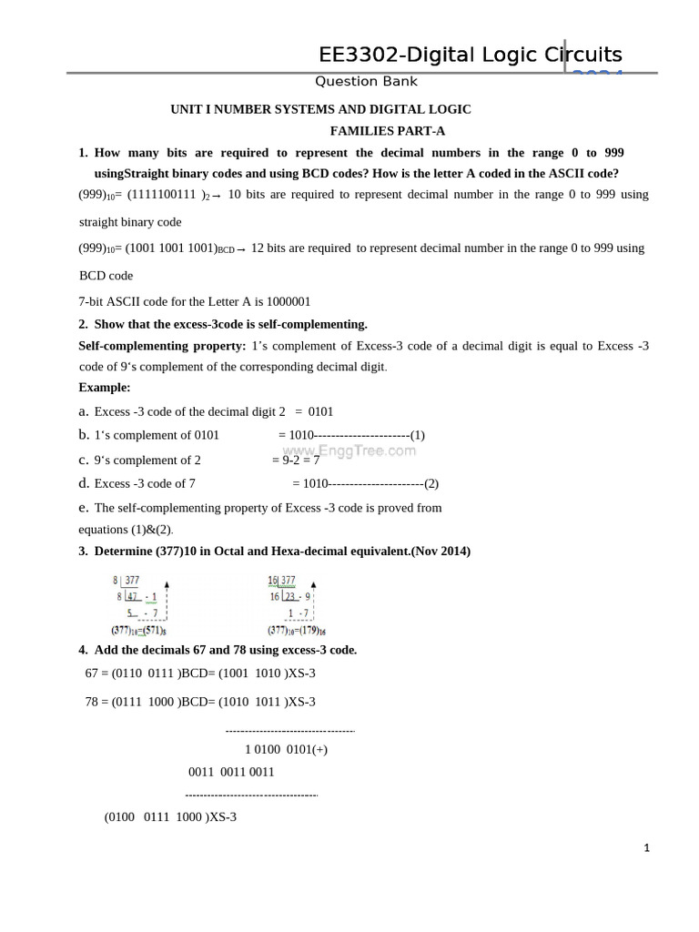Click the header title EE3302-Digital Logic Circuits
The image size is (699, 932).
pos(470,55)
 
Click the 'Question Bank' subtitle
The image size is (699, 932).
pos(366,82)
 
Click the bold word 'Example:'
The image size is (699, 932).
pos(105,388)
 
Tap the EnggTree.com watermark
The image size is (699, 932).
pos(349,450)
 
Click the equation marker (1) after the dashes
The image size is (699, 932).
pos(417,435)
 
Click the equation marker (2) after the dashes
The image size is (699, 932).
pos(431,483)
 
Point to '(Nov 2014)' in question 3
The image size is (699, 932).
pos(440,552)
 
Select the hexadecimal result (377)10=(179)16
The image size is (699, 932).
pos(297,630)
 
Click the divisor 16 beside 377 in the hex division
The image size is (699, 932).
pos(272,580)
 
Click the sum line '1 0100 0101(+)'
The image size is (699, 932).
pos(286,750)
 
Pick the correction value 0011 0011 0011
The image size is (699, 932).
pos(231,772)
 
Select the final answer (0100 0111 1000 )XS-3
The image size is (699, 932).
pos(170,817)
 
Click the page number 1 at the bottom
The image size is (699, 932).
pos(646,848)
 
